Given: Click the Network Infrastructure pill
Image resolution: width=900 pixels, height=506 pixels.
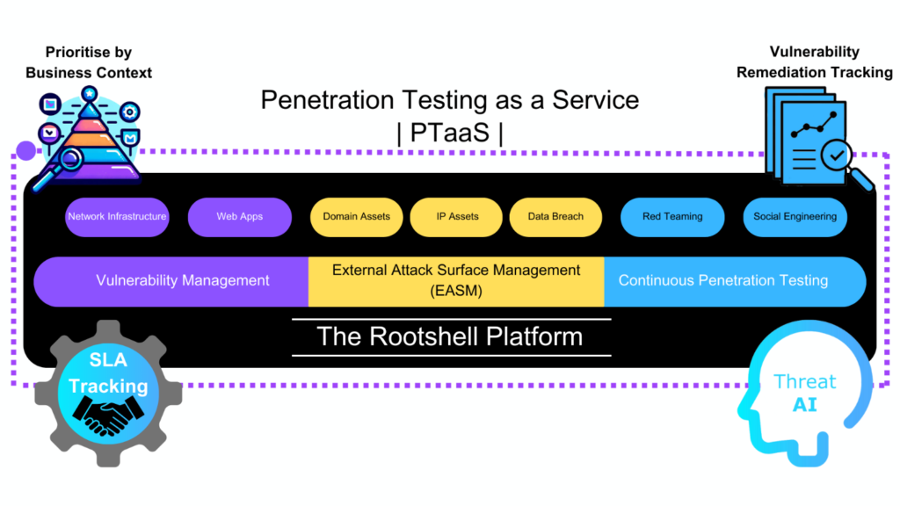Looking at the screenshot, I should click(x=117, y=216).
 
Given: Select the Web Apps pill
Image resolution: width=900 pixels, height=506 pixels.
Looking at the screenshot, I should click(x=239, y=216).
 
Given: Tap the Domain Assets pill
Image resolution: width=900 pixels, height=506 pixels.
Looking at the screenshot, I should click(x=356, y=216).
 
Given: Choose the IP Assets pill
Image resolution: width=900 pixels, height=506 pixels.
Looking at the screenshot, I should click(x=457, y=216).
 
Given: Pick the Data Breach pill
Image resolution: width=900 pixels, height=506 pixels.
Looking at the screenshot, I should click(x=555, y=216).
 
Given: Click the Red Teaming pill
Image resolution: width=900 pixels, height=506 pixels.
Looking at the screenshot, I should click(x=672, y=216).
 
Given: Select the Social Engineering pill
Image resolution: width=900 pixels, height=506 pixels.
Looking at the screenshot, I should click(x=795, y=216).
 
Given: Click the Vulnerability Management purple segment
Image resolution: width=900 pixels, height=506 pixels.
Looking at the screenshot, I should click(x=182, y=281).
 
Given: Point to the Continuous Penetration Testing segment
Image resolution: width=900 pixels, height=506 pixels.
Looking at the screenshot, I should click(x=723, y=281).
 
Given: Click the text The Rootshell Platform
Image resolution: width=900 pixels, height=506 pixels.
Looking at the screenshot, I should click(x=450, y=336).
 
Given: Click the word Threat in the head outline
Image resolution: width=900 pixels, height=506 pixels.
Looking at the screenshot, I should click(x=804, y=382).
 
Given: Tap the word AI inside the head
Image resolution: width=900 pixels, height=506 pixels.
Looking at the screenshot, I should click(x=804, y=406).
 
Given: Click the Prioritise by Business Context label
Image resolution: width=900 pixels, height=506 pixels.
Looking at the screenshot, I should click(x=88, y=62).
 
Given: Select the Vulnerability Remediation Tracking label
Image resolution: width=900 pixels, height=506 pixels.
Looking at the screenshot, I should click(x=814, y=62).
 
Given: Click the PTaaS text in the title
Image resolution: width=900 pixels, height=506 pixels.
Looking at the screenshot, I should click(x=450, y=134).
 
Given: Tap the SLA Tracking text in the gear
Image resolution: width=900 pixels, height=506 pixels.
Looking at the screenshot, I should click(x=108, y=372).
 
